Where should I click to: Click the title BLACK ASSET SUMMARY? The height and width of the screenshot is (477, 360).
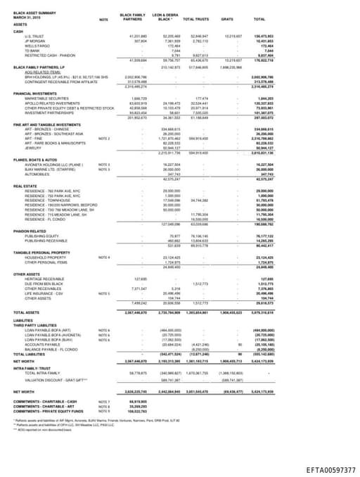32,14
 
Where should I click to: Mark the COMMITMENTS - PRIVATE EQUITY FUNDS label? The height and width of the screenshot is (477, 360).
49,410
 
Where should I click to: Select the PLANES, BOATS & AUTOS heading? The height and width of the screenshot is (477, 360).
37,160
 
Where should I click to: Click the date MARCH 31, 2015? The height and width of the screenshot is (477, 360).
26,18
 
